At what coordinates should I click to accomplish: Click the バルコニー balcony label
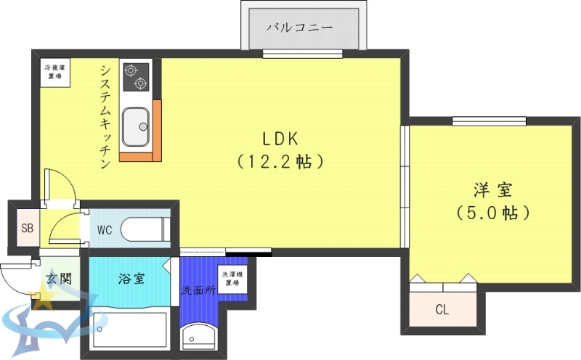pos(299,28)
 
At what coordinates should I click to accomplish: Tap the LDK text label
pos(280,139)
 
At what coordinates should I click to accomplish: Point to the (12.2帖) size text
pos(280,162)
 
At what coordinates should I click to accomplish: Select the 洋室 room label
pos(493,190)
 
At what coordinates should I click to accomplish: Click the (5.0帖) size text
pos(493,213)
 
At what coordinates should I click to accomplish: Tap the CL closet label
pos(442,310)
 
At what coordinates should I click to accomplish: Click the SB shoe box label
pos(27,229)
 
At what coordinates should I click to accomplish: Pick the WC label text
pos(105,231)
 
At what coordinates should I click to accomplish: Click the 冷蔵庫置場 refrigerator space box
pos(54,71)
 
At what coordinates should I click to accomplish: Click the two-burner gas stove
pos(136,76)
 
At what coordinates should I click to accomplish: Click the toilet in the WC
pos(145,230)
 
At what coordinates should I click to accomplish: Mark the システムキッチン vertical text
pos(105,116)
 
